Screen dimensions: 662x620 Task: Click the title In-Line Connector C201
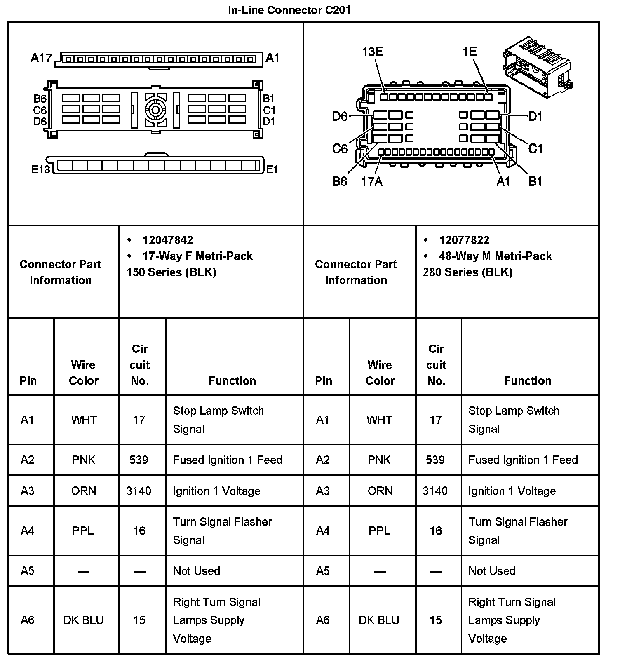289,10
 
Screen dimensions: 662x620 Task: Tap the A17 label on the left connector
41,58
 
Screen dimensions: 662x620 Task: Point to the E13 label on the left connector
40,169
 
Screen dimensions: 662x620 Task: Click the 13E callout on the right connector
372,52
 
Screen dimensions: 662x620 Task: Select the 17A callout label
372,181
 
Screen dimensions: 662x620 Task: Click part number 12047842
167,240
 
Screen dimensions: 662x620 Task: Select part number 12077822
464,240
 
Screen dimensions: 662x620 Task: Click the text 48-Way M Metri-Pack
495,256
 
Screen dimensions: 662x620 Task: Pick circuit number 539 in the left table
139,460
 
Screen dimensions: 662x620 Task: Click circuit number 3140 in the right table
435,491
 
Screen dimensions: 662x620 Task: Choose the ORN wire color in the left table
84,491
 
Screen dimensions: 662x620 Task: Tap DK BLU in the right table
379,620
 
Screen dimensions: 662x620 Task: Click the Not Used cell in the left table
197,571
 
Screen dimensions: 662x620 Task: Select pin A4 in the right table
323,531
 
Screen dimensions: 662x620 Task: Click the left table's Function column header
232,380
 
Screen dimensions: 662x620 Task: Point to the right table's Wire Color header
380,373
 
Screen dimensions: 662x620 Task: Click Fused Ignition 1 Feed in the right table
523,460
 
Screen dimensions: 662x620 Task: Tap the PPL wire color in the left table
83,531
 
